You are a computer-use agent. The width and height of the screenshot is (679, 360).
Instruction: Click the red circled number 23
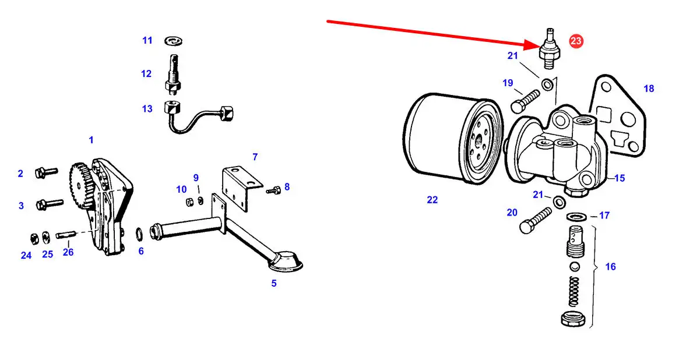coord(576,41)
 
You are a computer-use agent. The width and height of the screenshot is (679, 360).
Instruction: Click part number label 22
coord(432,200)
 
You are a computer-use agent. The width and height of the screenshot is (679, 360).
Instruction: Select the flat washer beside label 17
coord(576,217)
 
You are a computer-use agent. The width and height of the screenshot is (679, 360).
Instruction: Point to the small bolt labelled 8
coord(274,189)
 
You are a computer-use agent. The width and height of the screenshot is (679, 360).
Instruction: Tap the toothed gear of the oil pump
coord(80,183)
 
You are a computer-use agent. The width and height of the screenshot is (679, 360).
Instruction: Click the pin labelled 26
coord(66,235)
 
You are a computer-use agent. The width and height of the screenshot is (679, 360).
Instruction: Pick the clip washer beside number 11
coord(173,40)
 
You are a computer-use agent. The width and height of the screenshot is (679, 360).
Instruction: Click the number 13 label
coord(147,109)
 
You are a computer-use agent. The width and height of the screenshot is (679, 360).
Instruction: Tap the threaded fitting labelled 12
coord(173,75)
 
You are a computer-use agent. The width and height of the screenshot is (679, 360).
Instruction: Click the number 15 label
coord(620,178)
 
